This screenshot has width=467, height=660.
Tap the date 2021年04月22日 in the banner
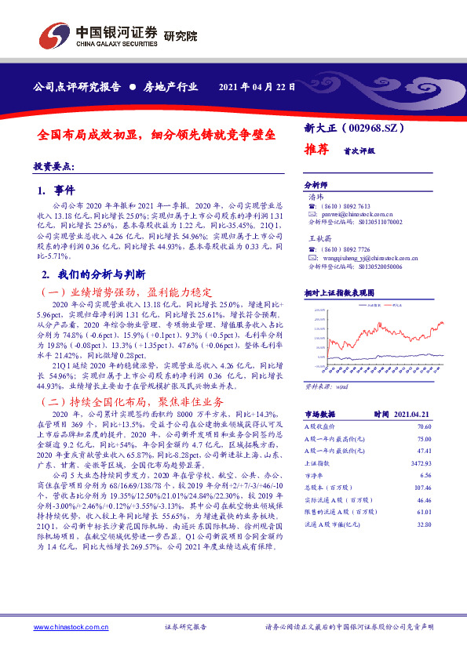coord(256,86)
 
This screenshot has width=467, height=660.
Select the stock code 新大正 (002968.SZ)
coord(355,126)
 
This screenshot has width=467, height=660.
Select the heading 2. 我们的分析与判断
coord(83,274)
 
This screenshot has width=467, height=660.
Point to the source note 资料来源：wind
coord(325,386)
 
